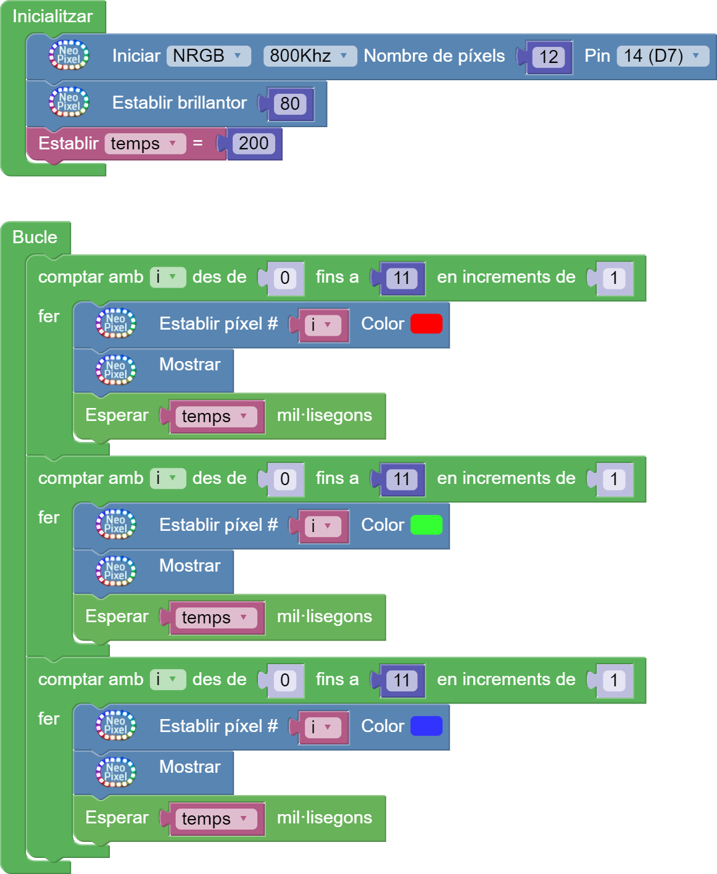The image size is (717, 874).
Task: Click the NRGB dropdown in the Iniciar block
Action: (x=208, y=56)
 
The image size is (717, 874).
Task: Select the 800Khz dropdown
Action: (x=309, y=56)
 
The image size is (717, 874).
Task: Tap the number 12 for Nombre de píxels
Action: (x=549, y=57)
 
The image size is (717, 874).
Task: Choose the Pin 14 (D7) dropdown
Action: (x=662, y=56)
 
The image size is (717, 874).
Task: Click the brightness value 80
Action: (x=290, y=104)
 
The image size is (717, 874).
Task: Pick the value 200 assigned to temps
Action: (x=254, y=144)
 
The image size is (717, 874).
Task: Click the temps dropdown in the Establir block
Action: (x=144, y=144)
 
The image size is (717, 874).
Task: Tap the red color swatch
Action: (x=426, y=324)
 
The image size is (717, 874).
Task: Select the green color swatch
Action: (x=426, y=525)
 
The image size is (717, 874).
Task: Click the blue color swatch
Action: (x=426, y=726)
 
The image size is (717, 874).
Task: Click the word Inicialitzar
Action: (x=52, y=17)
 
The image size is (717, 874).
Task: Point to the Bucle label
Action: (x=35, y=238)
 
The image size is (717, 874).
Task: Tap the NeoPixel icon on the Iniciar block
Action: (x=68, y=56)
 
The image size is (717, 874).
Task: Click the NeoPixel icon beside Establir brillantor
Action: (x=68, y=102)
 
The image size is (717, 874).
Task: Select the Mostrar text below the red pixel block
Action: (x=189, y=365)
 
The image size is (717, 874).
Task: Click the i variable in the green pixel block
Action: (x=322, y=526)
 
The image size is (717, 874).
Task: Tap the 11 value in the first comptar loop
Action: (x=402, y=278)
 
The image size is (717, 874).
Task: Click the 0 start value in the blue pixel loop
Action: (x=284, y=681)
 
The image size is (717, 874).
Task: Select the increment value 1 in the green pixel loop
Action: (x=614, y=480)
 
